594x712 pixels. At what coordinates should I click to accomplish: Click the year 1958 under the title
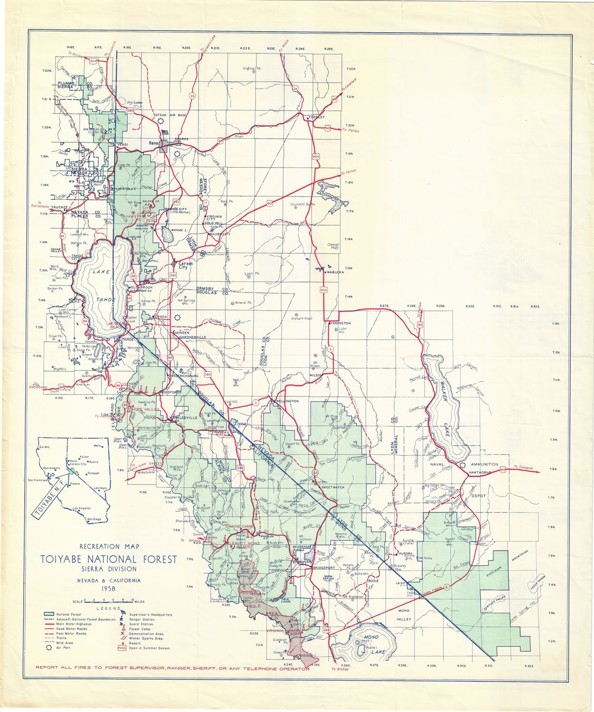pos(109,589)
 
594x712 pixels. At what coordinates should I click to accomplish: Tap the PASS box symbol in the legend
pos(122,647)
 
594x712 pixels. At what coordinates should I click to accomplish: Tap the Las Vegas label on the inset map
pos(100,488)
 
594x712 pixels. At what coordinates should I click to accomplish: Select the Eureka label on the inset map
pos(45,447)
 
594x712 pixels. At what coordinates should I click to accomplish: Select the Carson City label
pos(183,265)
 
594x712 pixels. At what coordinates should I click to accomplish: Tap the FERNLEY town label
pos(316,117)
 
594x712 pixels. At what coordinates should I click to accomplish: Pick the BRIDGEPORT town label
pos(324,567)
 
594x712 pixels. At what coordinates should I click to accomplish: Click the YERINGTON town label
pos(339,323)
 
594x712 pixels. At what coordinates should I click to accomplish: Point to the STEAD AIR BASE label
pos(170,115)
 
